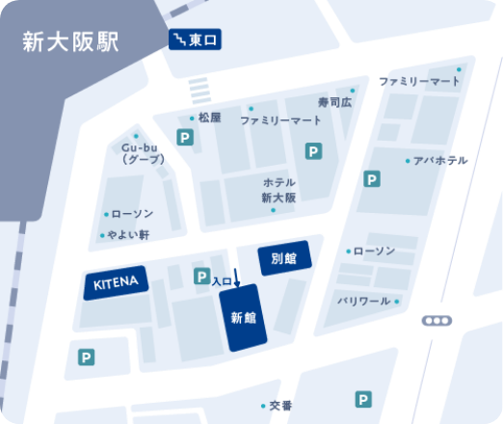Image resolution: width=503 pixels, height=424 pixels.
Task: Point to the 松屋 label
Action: point(209,118)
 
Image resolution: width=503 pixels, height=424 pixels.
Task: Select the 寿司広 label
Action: point(335,100)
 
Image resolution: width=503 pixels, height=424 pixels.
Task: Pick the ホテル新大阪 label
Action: point(278,190)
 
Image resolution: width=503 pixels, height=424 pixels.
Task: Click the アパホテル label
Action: point(439,160)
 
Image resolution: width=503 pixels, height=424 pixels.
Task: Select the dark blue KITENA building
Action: point(117,282)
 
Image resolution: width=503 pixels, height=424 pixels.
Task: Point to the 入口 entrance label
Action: point(222,281)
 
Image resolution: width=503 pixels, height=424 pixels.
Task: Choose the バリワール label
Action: point(363,302)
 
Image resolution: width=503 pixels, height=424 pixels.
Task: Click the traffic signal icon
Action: point(437,321)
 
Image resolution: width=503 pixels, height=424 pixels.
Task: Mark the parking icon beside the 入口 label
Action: point(201,278)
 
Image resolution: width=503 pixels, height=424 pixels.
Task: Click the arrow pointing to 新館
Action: point(237,291)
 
